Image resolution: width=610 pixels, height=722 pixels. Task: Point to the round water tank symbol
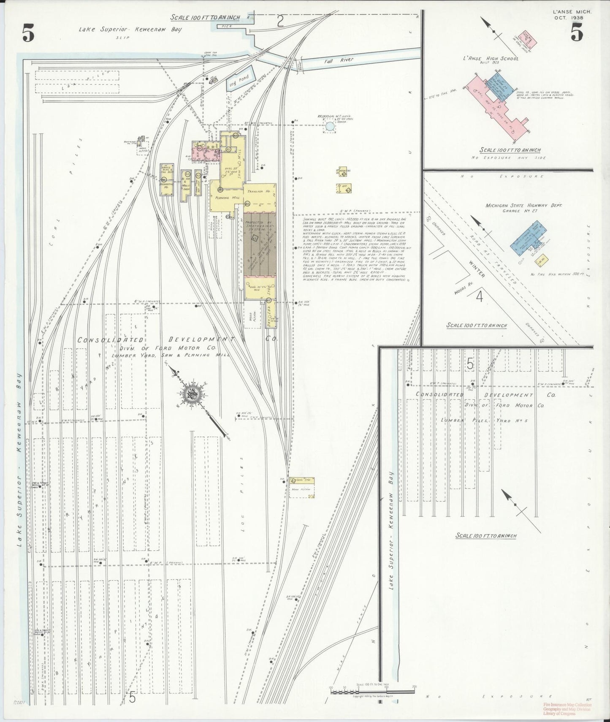pos(330,126)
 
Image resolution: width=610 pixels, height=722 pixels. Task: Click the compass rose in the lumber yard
pos(192,394)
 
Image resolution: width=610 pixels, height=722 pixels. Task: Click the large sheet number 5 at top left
pos(28,34)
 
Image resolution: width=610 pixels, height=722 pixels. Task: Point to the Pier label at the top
pos(223,26)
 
